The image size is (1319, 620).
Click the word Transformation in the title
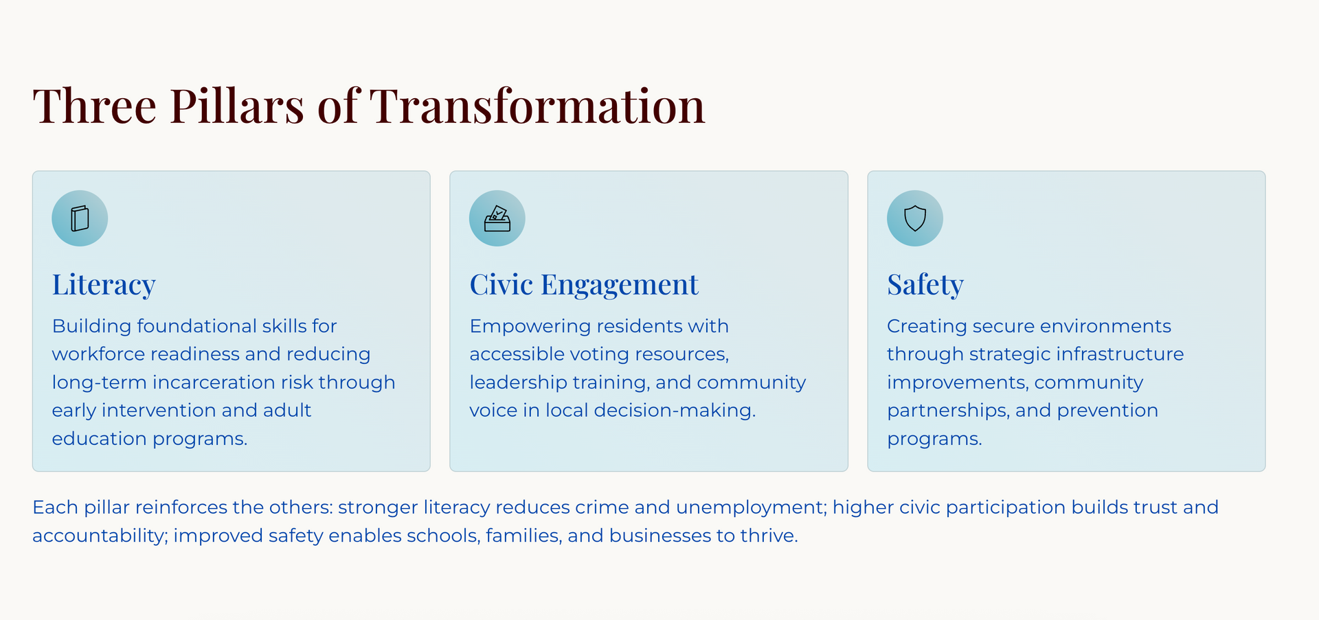(537, 106)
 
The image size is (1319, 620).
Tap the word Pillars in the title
(237, 106)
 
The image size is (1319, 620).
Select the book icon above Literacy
(80, 218)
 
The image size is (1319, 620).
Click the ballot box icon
(497, 218)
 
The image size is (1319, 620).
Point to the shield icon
(914, 218)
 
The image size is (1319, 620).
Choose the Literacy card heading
(104, 285)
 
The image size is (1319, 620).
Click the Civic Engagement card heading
(583, 285)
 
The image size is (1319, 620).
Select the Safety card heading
(925, 285)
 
